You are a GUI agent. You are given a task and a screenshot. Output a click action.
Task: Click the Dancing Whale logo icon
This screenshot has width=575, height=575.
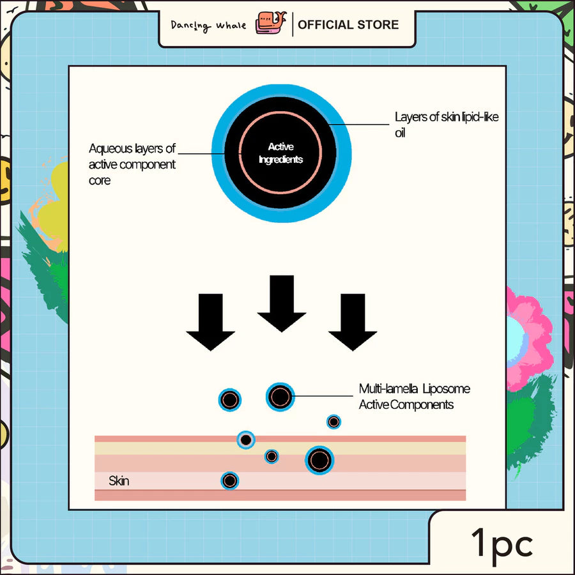(x=271, y=24)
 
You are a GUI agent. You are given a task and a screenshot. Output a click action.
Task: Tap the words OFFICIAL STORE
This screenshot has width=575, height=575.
(x=348, y=25)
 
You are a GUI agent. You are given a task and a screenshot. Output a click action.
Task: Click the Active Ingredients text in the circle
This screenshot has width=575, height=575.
(x=280, y=153)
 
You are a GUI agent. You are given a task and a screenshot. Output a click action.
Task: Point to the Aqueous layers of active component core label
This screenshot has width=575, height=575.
(x=132, y=165)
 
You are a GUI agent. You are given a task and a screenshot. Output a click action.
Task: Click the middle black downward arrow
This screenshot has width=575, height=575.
(x=281, y=303)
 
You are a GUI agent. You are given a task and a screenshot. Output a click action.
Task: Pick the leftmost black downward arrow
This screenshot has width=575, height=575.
(x=210, y=321)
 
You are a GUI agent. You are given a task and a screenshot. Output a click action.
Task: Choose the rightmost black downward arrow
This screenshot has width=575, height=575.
(x=353, y=321)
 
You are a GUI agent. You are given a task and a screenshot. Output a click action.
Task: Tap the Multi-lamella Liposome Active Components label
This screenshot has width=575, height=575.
(x=414, y=396)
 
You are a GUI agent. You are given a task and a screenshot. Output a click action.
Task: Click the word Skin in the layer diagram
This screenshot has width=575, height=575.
(x=119, y=480)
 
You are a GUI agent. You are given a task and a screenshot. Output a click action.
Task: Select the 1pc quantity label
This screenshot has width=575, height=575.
(x=502, y=544)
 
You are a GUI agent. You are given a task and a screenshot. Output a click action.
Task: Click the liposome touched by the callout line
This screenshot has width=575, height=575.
(x=280, y=397)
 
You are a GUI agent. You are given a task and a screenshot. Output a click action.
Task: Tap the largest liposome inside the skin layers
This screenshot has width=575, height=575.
(x=319, y=459)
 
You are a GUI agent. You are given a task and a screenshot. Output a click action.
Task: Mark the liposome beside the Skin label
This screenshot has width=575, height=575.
(x=230, y=480)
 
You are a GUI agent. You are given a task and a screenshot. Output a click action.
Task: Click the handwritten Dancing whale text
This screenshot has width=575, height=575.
(x=208, y=26)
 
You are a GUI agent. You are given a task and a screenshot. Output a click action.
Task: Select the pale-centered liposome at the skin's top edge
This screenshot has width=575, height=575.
(x=245, y=440)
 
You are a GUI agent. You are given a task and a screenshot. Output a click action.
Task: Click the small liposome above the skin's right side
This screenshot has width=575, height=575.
(x=333, y=421)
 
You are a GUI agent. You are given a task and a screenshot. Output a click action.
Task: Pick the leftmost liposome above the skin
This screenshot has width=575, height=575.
(x=230, y=400)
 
